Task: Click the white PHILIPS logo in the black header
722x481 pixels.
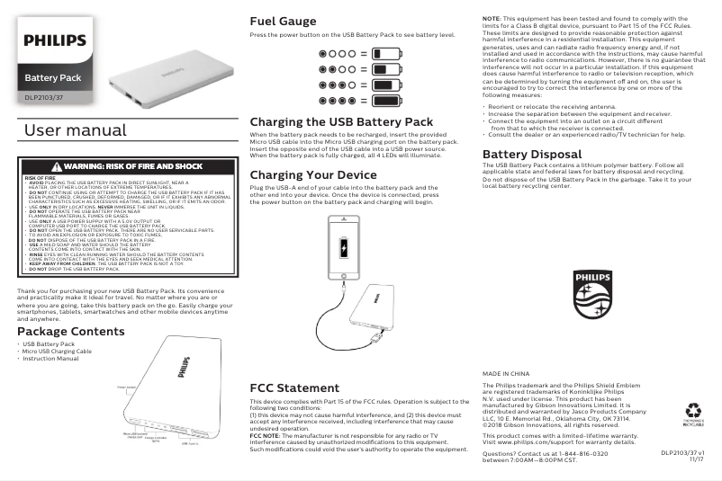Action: (55, 40)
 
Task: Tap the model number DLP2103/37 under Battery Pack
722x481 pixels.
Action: (44, 96)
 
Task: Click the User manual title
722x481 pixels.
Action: (75, 131)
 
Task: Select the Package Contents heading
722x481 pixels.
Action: (71, 332)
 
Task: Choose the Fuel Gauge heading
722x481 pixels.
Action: (283, 21)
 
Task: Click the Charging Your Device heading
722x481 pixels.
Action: (312, 174)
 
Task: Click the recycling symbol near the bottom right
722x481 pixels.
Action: (693, 410)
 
